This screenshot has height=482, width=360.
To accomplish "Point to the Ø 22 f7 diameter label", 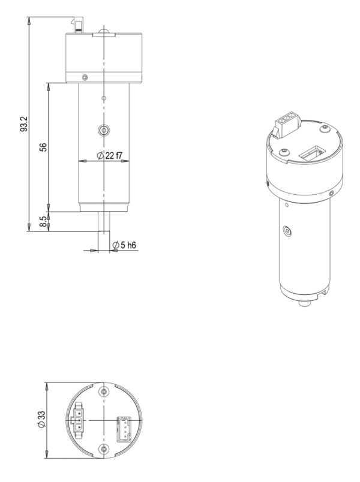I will [109, 156].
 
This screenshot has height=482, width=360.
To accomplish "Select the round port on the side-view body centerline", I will [104, 131].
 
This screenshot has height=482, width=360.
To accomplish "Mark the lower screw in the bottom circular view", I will [104, 448].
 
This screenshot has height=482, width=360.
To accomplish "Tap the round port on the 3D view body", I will [286, 230].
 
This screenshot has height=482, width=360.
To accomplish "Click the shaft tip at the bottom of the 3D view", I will [304, 304].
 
